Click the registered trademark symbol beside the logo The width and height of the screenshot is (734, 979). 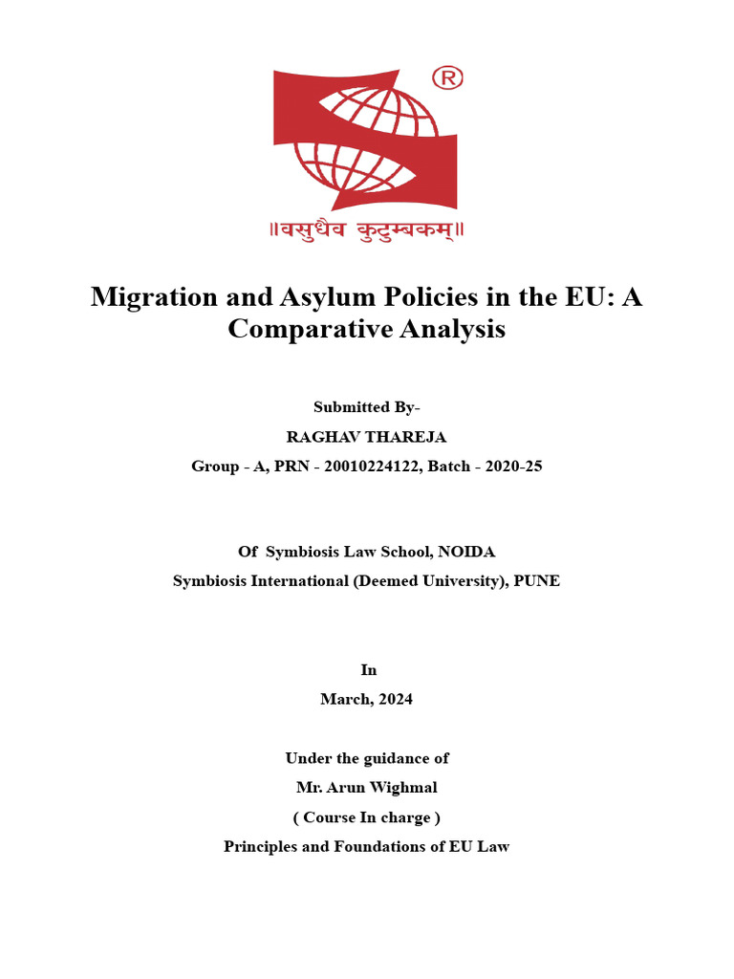pos(447,77)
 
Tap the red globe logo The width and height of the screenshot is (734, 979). pos(366,140)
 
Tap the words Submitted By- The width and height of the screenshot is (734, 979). pos(366,407)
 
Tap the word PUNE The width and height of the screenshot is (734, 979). pos(538,581)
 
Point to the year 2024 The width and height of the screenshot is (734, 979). pos(394,699)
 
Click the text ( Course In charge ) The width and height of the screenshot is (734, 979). pos(366,817)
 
